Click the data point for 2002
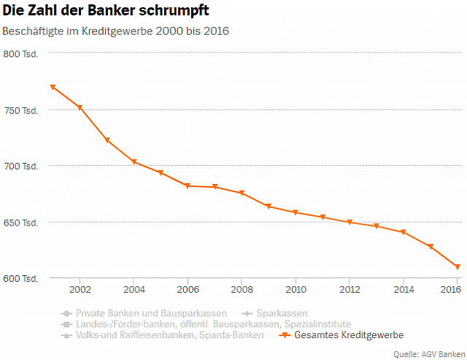tap(80, 107)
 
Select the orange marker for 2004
tap(134, 162)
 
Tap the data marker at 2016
tap(458, 267)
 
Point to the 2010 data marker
tap(296, 212)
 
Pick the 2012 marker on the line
tap(350, 222)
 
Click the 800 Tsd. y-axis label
tap(20, 54)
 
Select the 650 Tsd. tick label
tap(20, 223)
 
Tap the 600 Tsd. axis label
tap(20, 278)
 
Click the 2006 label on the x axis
tap(188, 289)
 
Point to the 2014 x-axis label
tap(404, 289)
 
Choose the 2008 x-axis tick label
tap(242, 289)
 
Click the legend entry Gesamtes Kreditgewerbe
tap(341, 335)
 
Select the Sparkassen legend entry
tap(274, 313)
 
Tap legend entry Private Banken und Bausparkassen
tap(144, 313)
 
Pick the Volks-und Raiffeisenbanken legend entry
tap(162, 335)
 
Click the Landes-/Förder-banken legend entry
tap(206, 324)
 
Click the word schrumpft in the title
tap(174, 11)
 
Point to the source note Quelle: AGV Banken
tap(429, 354)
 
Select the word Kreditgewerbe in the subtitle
tap(117, 31)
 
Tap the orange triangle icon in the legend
tap(285, 335)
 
